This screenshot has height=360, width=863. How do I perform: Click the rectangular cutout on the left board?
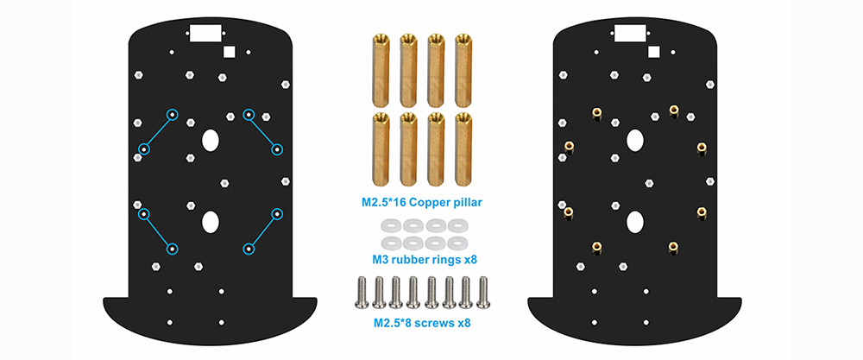pyautogui.click(x=205, y=34)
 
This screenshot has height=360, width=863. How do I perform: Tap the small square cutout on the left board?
pyautogui.click(x=229, y=52)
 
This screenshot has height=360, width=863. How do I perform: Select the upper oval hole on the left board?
pyautogui.click(x=211, y=140)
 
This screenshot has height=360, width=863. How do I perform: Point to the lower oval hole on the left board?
pyautogui.click(x=211, y=222)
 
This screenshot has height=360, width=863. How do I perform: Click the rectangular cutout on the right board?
pyautogui.click(x=630, y=34)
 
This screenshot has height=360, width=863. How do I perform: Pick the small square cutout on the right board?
pyautogui.click(x=654, y=52)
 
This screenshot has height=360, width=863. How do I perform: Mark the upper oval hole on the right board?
pyautogui.click(x=635, y=140)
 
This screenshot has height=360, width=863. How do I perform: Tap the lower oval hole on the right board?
pyautogui.click(x=635, y=222)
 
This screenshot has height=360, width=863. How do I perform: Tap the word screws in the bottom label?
pyautogui.click(x=437, y=324)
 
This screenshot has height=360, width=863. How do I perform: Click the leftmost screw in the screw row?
pyautogui.click(x=362, y=292)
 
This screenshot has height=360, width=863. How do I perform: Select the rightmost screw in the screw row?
pyautogui.click(x=483, y=292)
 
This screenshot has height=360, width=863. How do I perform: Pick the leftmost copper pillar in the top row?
pyautogui.click(x=381, y=70)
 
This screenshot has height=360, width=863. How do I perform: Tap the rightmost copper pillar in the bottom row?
pyautogui.click(x=463, y=148)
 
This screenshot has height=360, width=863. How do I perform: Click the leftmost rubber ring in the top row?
pyautogui.click(x=390, y=225)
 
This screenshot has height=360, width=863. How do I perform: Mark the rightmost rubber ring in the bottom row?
pyautogui.click(x=456, y=243)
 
